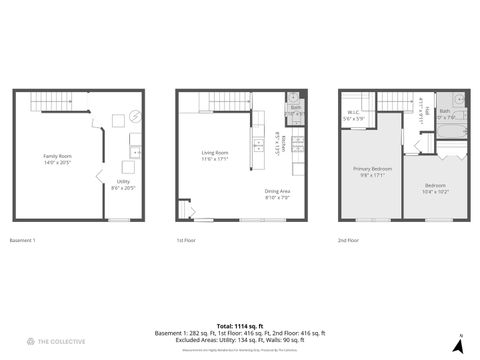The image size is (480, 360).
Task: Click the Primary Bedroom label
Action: (372, 172)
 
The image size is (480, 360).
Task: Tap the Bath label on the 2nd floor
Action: (445, 113)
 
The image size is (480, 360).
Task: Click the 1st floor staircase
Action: (211, 101)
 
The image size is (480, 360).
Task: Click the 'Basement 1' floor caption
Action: (23, 241)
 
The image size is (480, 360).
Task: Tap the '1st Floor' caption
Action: (185, 241)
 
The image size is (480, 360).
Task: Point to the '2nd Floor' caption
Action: (348, 241)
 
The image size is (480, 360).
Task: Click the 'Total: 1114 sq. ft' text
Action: (239, 326)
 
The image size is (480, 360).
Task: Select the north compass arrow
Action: (458, 345)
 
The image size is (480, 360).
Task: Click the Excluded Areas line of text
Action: (239, 339)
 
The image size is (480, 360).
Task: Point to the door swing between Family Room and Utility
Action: (101, 178)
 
